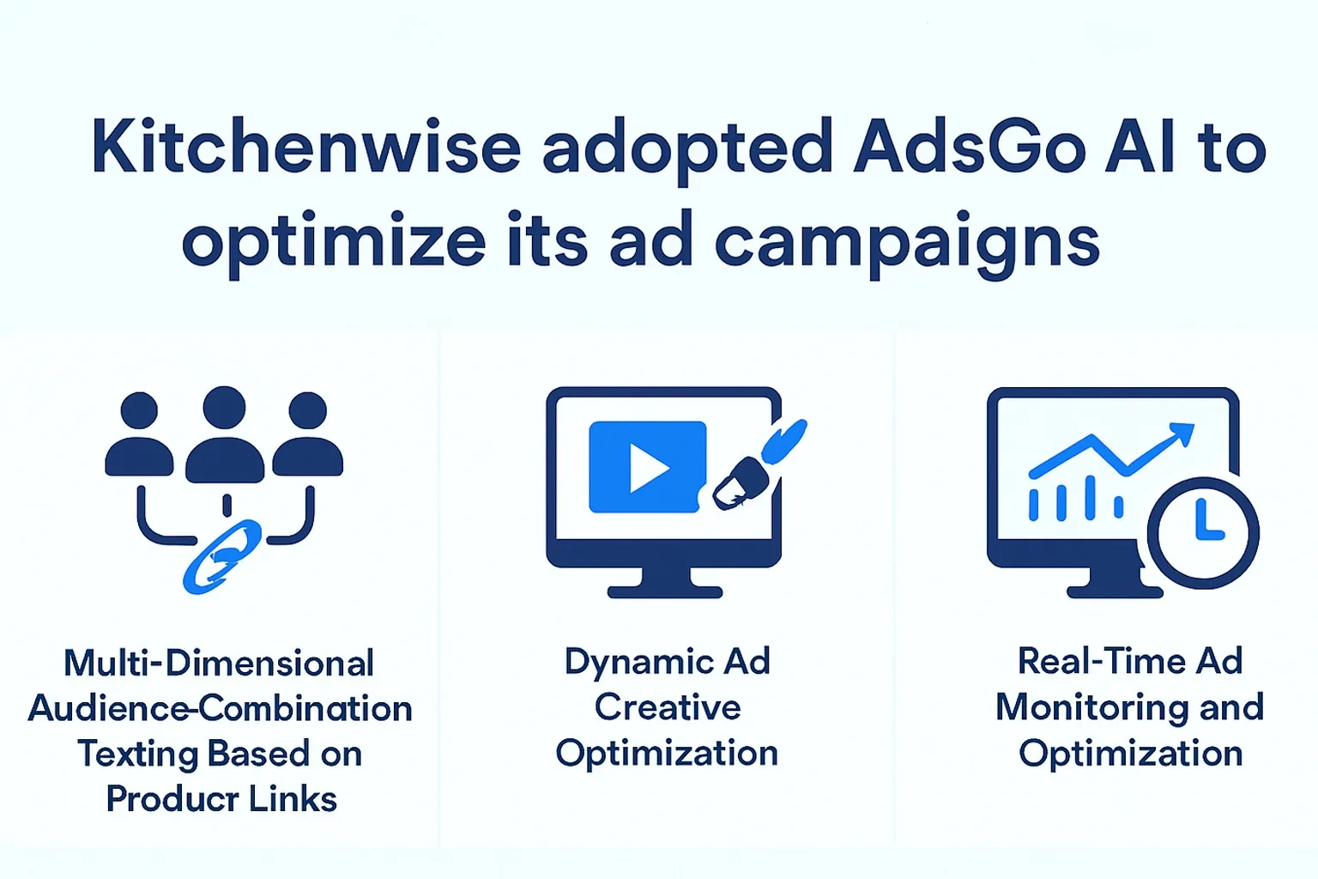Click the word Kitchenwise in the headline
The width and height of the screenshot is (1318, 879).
pos(305,148)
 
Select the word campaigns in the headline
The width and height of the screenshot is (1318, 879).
pos(907,242)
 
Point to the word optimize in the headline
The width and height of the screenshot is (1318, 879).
pos(334,242)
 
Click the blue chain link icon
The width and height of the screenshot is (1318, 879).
pos(222,556)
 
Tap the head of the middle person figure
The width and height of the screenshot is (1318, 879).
pos(225,408)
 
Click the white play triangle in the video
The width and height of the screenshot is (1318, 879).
pos(649,468)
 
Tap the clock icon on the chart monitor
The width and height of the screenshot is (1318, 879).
pos(1203,532)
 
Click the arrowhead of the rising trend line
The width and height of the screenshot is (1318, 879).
pos(1182,433)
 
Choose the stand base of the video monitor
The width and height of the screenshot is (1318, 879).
pos(665,591)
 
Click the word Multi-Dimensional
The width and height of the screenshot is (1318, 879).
pos(219,664)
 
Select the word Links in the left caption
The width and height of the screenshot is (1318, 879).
pos(294,799)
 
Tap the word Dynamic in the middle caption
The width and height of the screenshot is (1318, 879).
pos(639,662)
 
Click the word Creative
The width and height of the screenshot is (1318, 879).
pos(668,707)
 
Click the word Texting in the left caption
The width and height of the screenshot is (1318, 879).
pos(138,754)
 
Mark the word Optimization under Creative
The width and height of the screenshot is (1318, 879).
pos(667,753)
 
